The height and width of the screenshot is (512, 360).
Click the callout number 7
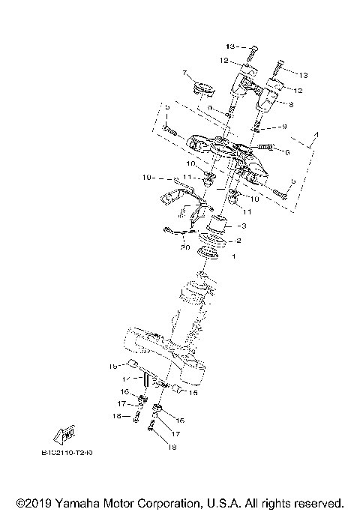(182, 73)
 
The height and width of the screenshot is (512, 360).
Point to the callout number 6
(286, 151)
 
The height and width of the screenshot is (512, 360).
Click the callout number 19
(147, 178)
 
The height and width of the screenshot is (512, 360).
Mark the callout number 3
(242, 225)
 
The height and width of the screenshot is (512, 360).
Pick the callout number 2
(239, 241)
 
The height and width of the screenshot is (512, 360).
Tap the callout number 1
(233, 257)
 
